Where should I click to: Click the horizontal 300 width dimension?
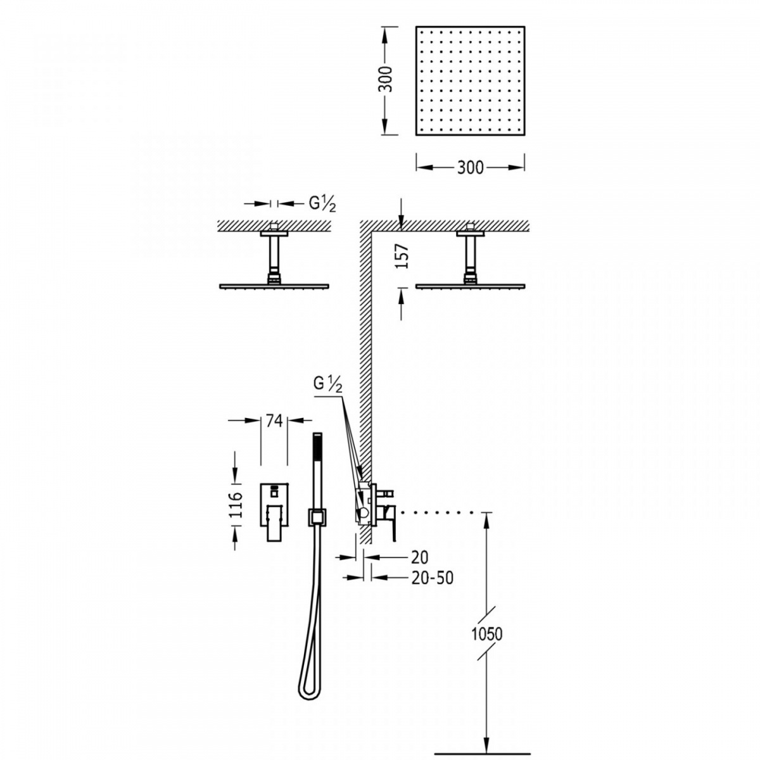click(470, 168)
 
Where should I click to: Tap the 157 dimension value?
click(402, 256)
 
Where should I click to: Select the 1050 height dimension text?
click(487, 634)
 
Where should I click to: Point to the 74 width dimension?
click(274, 421)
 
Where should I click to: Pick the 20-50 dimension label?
click(433, 578)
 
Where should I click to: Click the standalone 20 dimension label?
click(420, 557)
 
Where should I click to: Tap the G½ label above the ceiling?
click(322, 205)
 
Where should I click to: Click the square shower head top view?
click(470, 81)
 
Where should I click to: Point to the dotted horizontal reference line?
click(438, 512)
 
